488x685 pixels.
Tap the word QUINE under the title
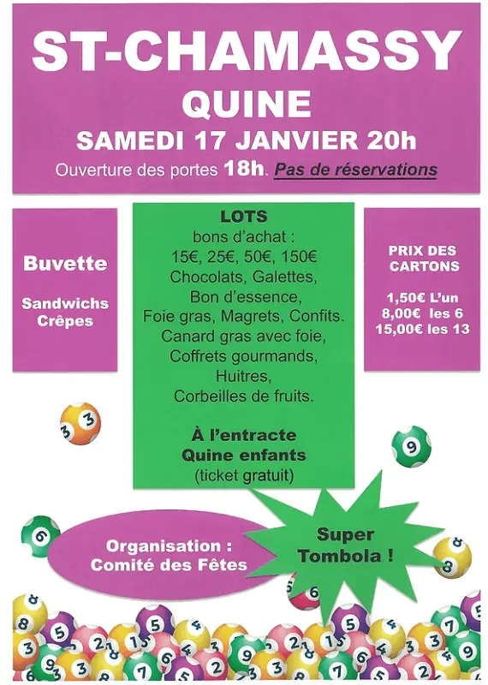[x=246, y=103]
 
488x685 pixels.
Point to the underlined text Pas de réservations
[x=355, y=170]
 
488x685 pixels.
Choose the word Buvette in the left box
[x=65, y=263]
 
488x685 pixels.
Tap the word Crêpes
[x=65, y=321]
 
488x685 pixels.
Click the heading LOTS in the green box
[x=244, y=217]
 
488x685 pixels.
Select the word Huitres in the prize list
[x=244, y=377]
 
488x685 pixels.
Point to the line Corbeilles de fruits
[x=244, y=396]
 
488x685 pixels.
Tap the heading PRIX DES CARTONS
[x=422, y=258]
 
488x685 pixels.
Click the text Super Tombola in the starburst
[x=345, y=545]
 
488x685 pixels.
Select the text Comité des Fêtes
[x=169, y=564]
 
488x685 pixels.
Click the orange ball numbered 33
[x=80, y=424]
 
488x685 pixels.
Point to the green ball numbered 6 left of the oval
[x=39, y=535]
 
